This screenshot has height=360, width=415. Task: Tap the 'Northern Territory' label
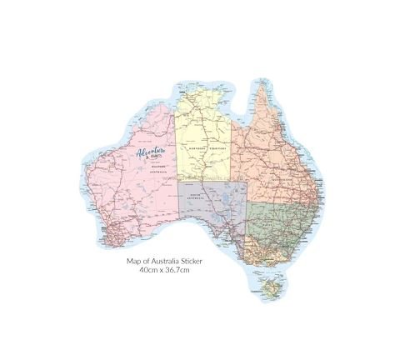[x=204, y=148]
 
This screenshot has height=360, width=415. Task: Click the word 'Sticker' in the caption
[x=189, y=260]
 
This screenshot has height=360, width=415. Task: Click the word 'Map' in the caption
[x=133, y=260]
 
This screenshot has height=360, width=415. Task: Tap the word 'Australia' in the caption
[x=162, y=260]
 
